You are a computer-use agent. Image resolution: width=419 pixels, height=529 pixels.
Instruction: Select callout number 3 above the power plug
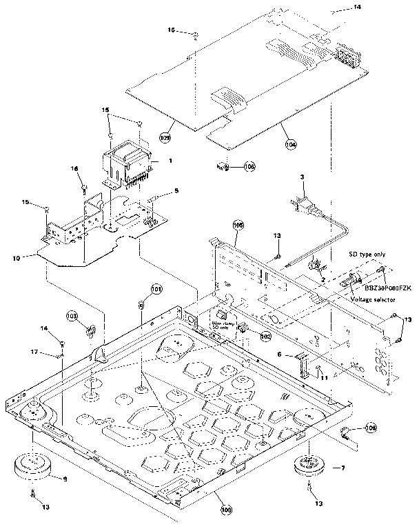(301, 178)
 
